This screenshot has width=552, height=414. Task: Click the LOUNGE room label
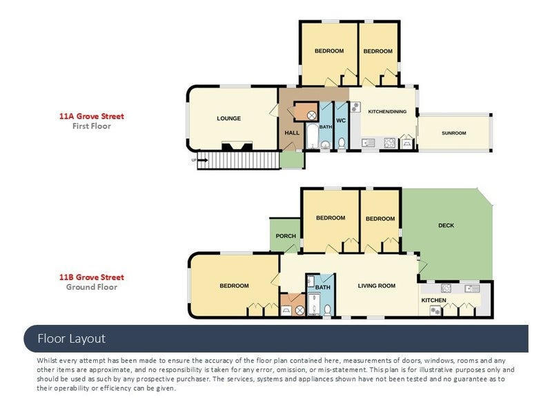tap(229, 119)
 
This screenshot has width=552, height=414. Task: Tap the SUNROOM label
tap(454, 133)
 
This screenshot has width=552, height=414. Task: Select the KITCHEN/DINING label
tap(387, 112)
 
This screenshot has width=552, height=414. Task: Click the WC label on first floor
tap(341, 120)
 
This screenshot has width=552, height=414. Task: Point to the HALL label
tap(292, 132)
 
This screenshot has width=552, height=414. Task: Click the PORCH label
tap(286, 236)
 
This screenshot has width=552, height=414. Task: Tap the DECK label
tap(446, 226)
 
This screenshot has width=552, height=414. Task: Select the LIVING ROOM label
tap(377, 286)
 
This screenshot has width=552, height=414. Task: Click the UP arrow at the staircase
tap(203, 160)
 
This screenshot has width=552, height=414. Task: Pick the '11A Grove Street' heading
tap(92, 116)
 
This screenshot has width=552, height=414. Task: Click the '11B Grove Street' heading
tap(92, 277)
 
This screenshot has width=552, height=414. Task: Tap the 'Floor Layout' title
tap(72, 339)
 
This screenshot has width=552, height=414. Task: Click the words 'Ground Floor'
tap(92, 287)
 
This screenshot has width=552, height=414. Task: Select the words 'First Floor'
tap(92, 126)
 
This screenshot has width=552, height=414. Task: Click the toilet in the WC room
tap(342, 144)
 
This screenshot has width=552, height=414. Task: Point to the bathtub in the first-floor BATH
tap(312, 136)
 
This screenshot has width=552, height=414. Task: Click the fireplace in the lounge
tap(237, 146)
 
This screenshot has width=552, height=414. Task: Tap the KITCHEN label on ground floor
tap(434, 300)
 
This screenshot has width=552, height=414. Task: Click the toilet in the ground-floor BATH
tap(327, 310)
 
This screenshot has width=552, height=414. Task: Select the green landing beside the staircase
tap(292, 160)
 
